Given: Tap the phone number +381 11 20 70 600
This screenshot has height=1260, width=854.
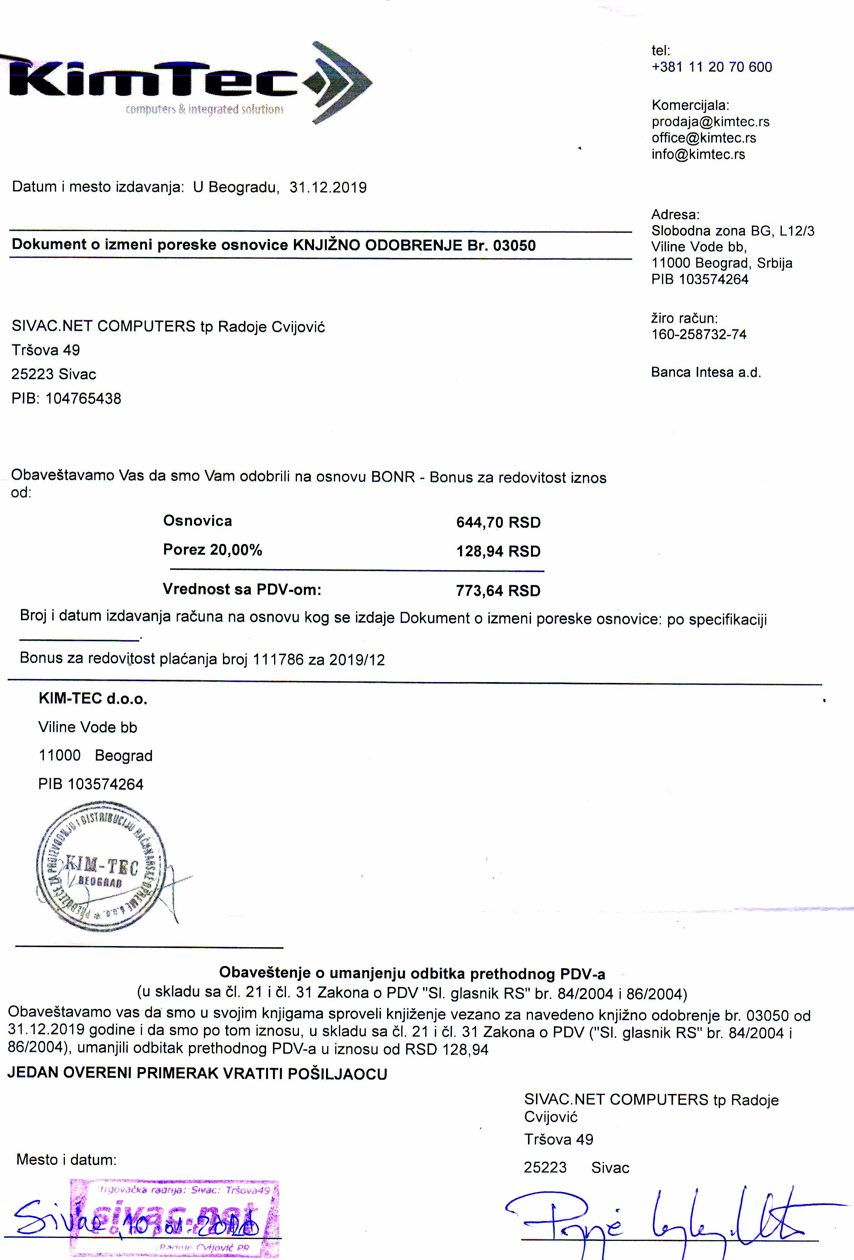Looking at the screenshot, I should [712, 67].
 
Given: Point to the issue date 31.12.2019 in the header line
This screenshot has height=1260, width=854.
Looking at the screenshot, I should [328, 188].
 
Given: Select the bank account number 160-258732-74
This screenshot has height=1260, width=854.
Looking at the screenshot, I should [699, 335].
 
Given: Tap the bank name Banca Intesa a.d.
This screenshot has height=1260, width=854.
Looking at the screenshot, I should [705, 372].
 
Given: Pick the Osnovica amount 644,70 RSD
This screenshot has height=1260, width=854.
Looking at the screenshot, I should [498, 522].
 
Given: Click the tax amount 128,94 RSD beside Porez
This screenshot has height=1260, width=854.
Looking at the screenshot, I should [498, 552].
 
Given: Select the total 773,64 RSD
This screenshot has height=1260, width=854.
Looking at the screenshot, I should [498, 590].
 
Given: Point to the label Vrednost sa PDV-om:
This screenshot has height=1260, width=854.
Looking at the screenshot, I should [242, 589].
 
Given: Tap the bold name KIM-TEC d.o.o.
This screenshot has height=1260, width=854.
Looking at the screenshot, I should [93, 699].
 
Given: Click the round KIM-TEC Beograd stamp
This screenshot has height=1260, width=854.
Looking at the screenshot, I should [101, 867].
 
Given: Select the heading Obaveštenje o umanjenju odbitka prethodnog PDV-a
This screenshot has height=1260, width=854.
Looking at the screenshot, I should [412, 974].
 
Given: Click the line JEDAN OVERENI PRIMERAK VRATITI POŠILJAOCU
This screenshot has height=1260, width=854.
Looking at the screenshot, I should [197, 1074].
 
